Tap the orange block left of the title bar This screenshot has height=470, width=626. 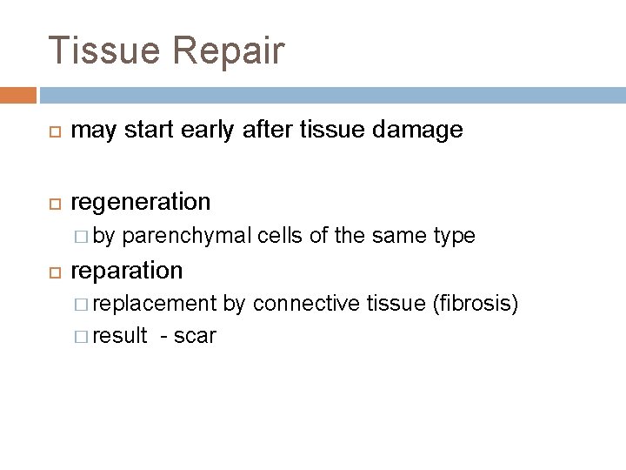[x=18, y=93]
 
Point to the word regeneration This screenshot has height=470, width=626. [x=140, y=202]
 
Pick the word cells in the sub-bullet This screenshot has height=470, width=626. [x=277, y=237]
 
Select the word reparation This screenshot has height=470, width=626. [x=126, y=271]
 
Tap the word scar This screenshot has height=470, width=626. [x=195, y=336]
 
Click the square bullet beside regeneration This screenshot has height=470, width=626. [x=52, y=203]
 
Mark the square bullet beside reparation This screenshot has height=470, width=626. [x=52, y=272]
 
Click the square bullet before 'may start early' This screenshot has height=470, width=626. [x=52, y=132]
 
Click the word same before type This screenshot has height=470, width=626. [x=396, y=237]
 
